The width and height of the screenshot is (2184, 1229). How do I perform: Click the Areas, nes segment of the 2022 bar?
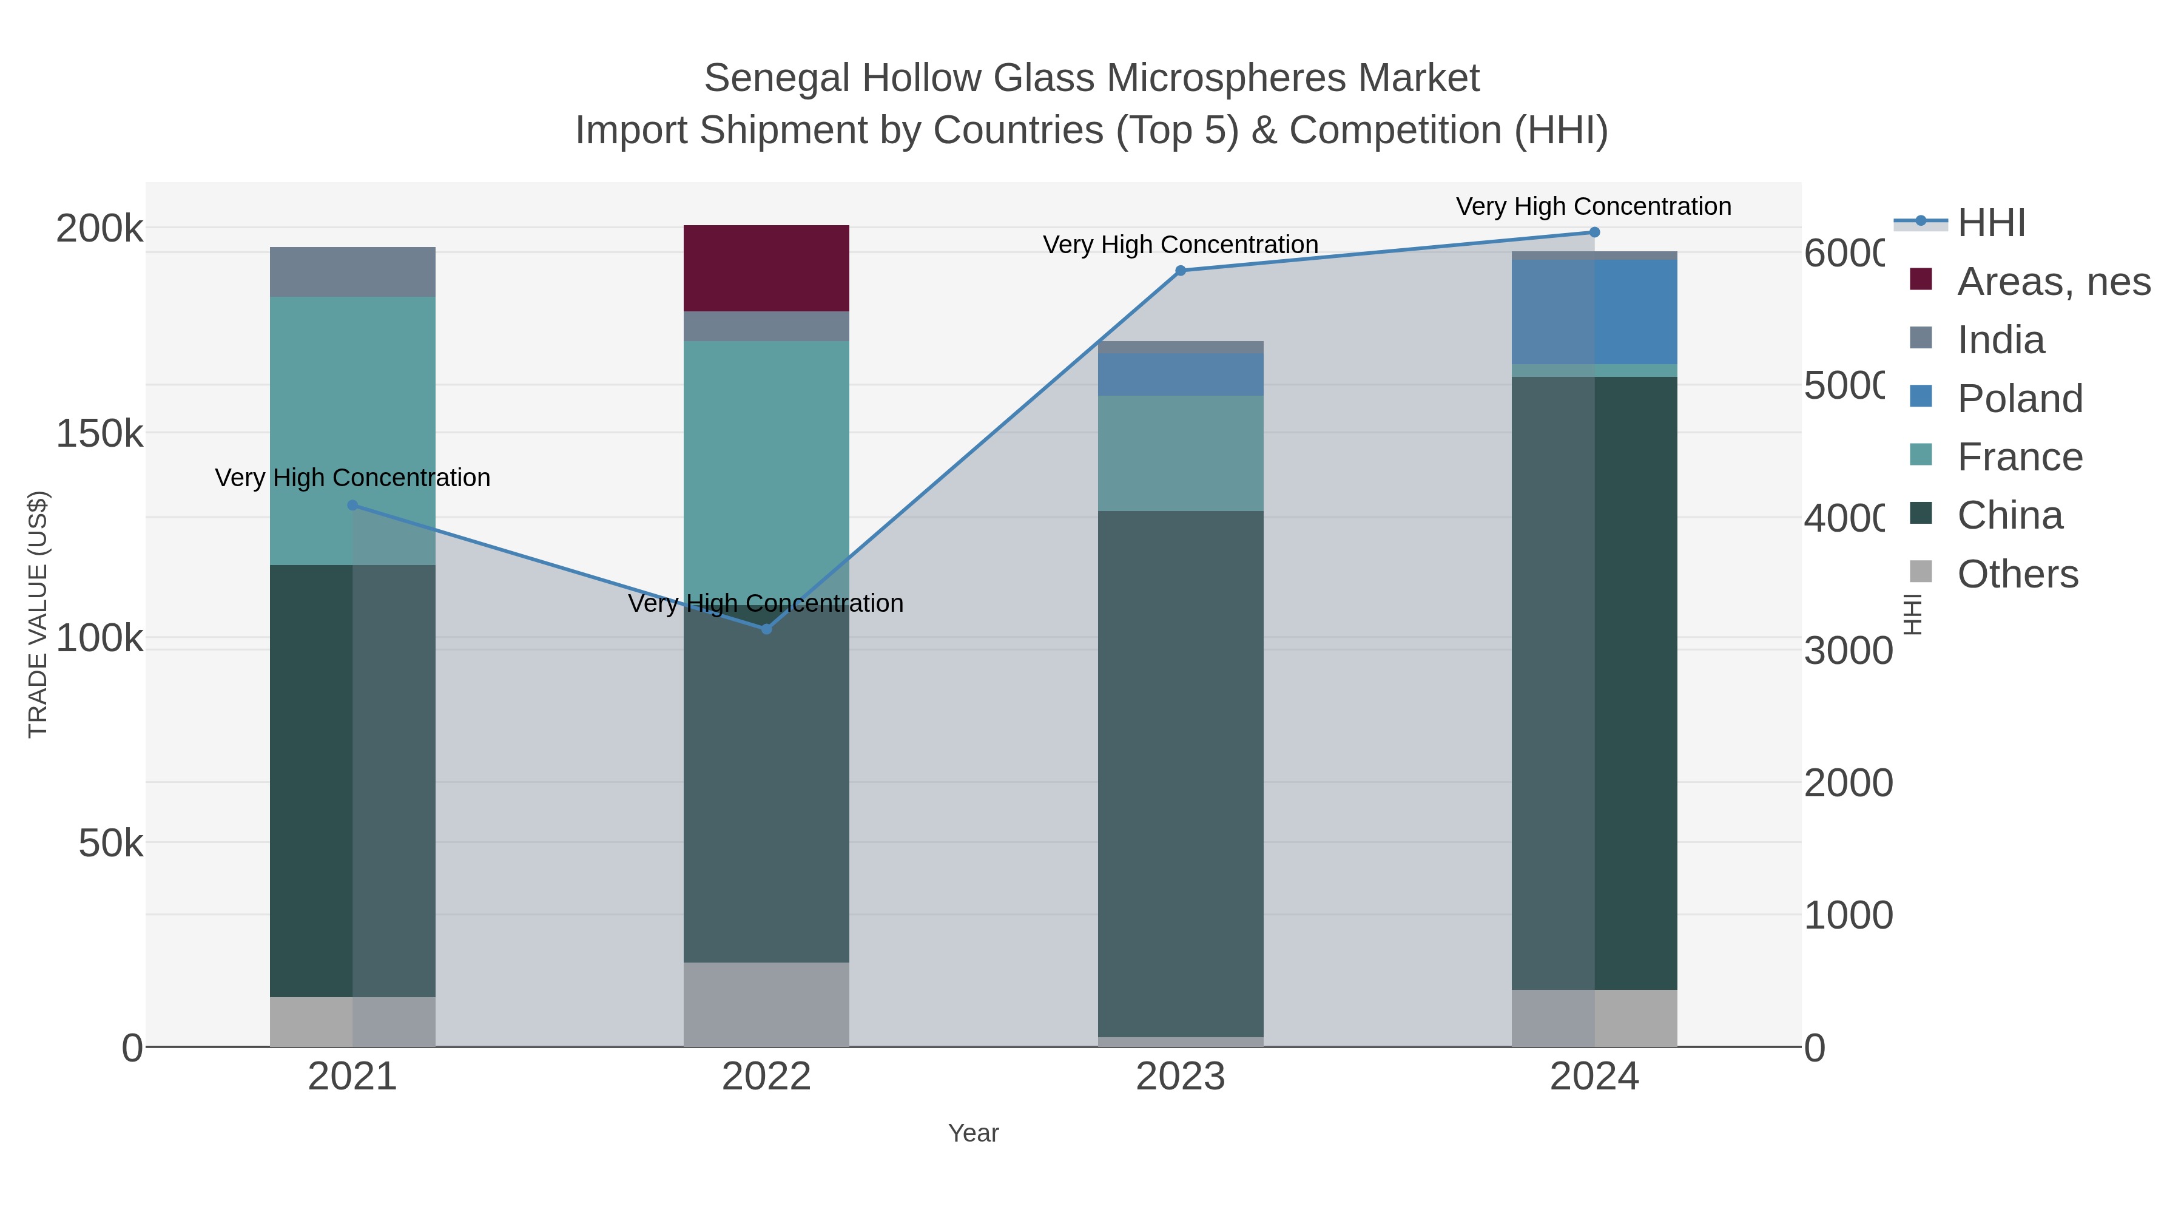tap(766, 268)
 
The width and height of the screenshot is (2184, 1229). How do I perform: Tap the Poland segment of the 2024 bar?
tap(1594, 311)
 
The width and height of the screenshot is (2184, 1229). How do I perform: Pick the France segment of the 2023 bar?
tap(1180, 453)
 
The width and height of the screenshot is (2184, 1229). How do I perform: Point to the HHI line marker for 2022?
tap(766, 629)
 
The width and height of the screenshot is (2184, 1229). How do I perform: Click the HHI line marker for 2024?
tap(1594, 232)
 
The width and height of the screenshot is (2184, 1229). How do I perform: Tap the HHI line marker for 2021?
tap(352, 506)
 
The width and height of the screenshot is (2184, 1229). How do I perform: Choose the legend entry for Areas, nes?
tap(2052, 282)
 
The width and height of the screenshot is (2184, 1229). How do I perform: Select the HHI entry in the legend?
tap(1990, 223)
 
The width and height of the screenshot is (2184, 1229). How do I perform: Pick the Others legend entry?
tap(2016, 574)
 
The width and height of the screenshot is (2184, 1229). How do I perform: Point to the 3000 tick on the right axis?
tap(1847, 651)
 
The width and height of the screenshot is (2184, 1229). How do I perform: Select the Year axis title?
tap(973, 1133)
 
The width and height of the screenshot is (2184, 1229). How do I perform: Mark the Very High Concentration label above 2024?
tap(1593, 207)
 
